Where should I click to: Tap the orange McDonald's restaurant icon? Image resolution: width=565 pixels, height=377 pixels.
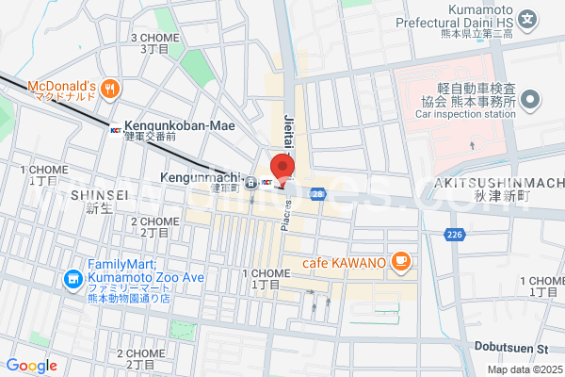[x=110, y=89]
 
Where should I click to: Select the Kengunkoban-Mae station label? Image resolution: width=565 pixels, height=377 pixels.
[x=178, y=125]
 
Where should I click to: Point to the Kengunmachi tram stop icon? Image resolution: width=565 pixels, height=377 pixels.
[x=250, y=185]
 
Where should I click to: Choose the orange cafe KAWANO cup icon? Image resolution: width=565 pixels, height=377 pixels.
[x=400, y=260]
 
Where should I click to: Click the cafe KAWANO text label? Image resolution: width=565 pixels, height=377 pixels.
[x=343, y=261]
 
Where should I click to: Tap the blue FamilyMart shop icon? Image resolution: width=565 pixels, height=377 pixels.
[x=72, y=279]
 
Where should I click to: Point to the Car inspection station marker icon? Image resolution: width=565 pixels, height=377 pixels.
[x=531, y=99]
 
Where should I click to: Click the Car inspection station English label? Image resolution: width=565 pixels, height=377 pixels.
[x=464, y=115]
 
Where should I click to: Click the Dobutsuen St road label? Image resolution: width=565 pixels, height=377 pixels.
[x=516, y=349]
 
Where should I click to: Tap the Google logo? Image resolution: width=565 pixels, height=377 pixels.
[x=31, y=365]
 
